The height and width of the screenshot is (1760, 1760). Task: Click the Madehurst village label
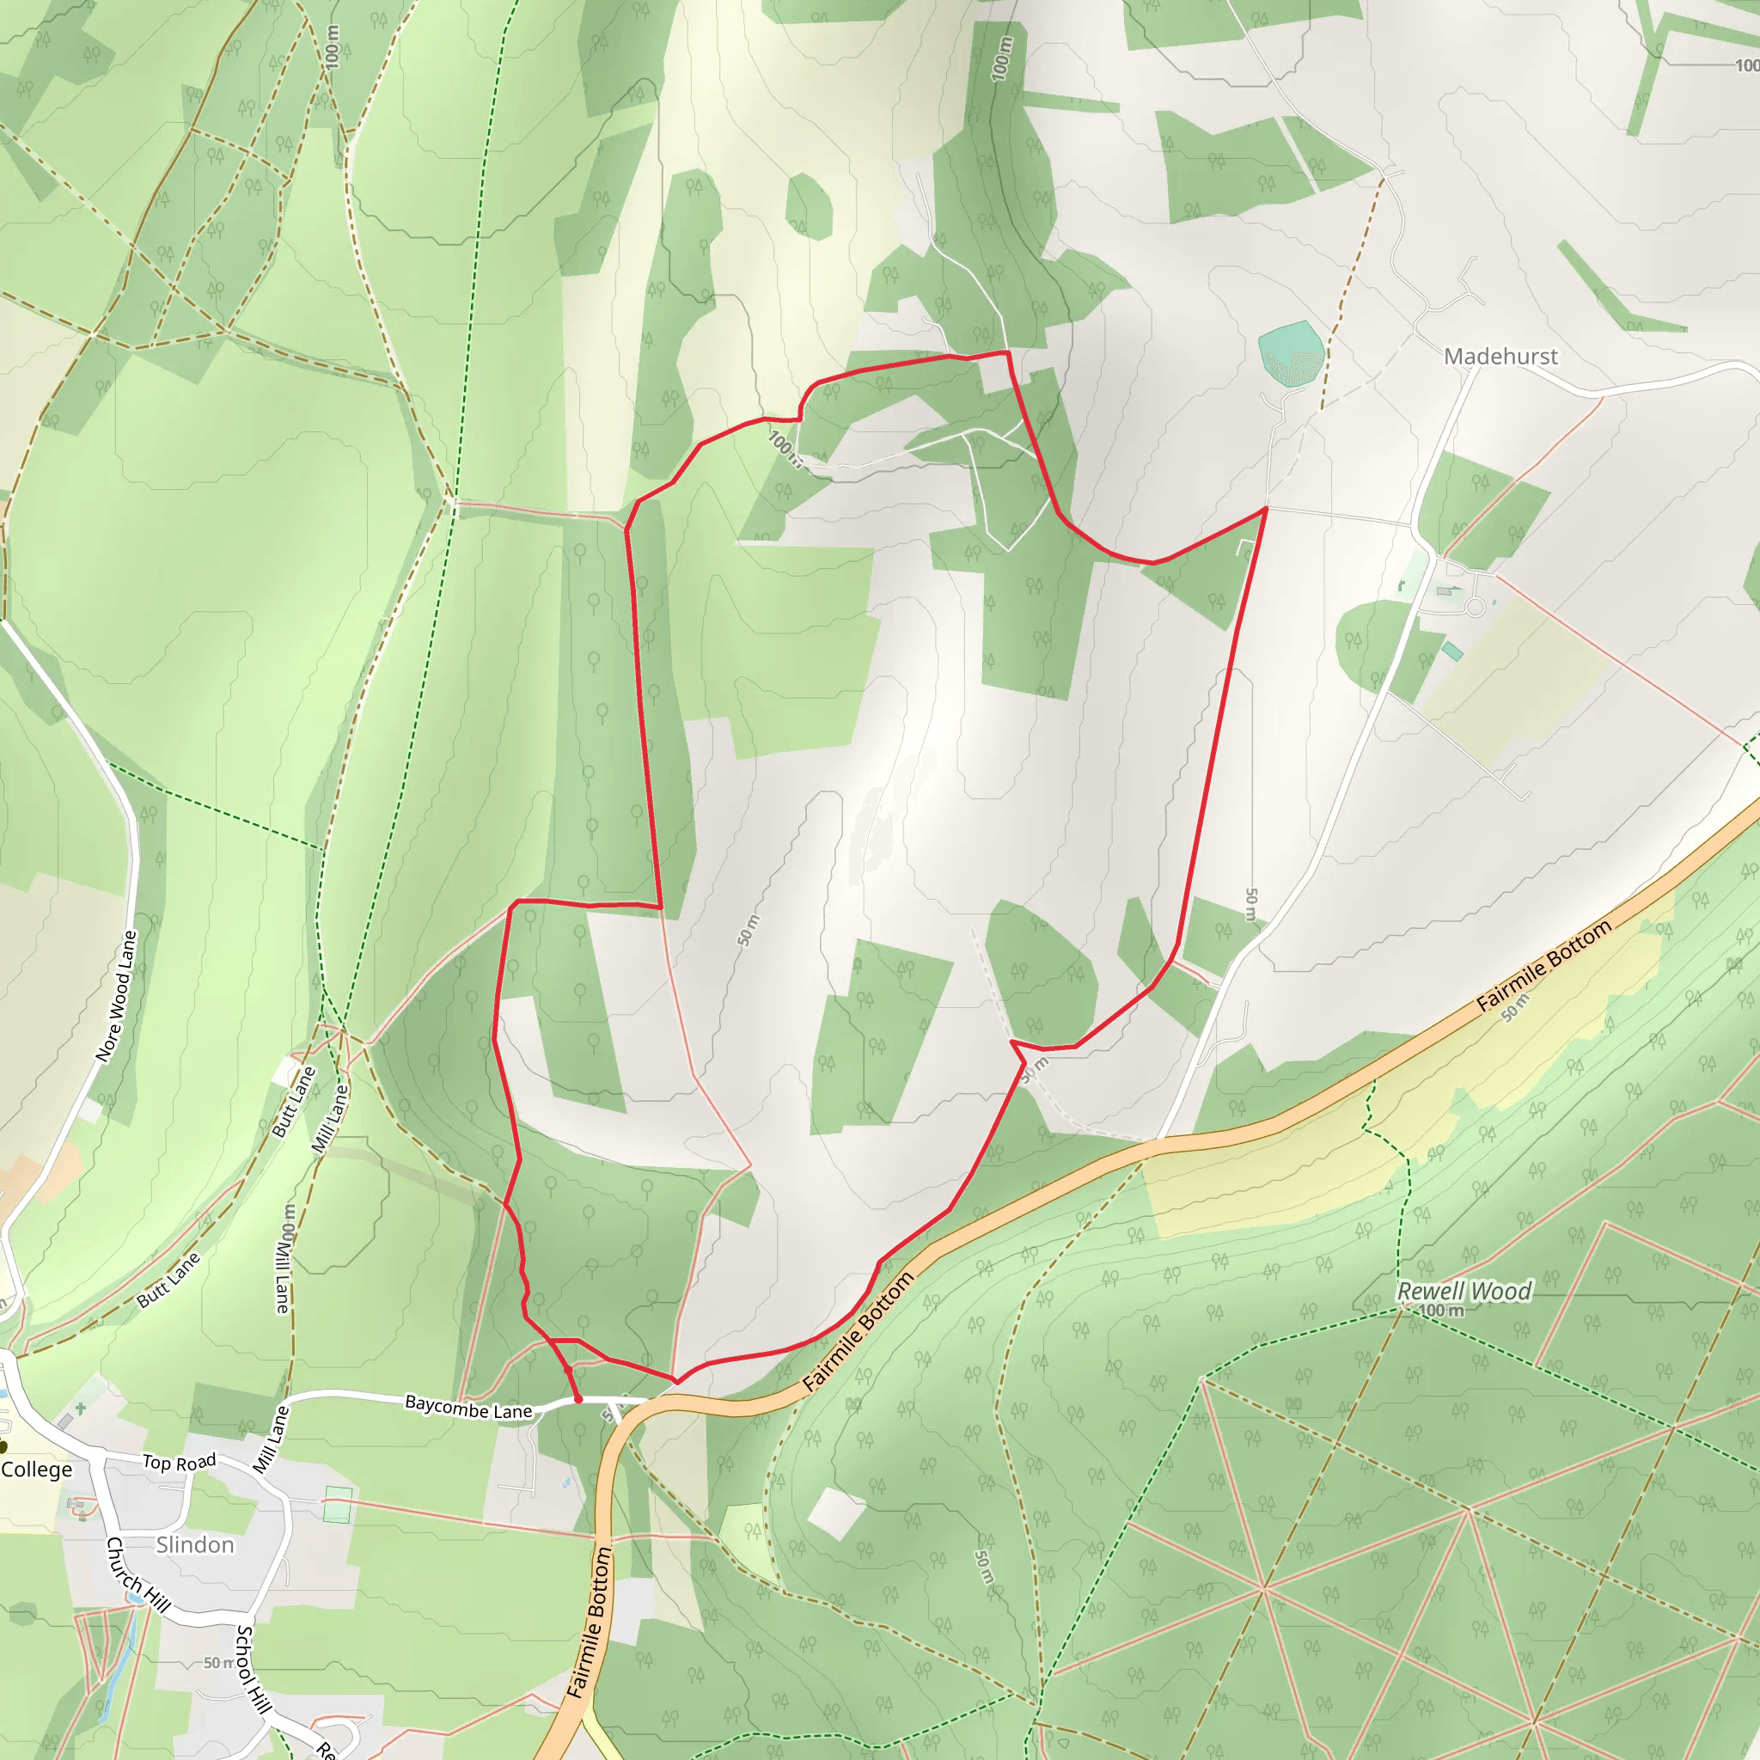tap(1500, 356)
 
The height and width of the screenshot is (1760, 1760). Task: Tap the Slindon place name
tap(195, 1544)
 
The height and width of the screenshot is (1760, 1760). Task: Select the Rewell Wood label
tap(1464, 1291)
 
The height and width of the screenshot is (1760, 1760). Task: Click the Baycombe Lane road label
tap(468, 1407)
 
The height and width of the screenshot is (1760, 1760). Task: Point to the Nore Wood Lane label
tap(117, 996)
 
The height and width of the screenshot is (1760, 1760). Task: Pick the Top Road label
tap(180, 1462)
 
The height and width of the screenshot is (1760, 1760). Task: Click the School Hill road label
tap(254, 1668)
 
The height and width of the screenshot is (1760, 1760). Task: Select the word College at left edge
tap(36, 1470)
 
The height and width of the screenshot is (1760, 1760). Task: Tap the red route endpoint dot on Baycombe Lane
tap(578, 1399)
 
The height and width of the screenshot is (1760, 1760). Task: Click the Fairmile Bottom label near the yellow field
tap(1543, 966)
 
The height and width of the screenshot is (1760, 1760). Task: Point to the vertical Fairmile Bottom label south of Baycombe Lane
tap(590, 1622)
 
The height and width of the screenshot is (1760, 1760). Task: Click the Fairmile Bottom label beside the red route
tap(859, 1331)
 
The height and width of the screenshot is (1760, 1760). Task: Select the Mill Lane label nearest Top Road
tap(271, 1439)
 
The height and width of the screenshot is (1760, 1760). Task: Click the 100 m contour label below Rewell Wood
tap(1441, 1310)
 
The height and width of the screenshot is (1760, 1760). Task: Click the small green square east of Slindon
tap(337, 1504)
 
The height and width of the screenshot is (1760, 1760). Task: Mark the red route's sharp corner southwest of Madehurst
tap(1265, 509)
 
